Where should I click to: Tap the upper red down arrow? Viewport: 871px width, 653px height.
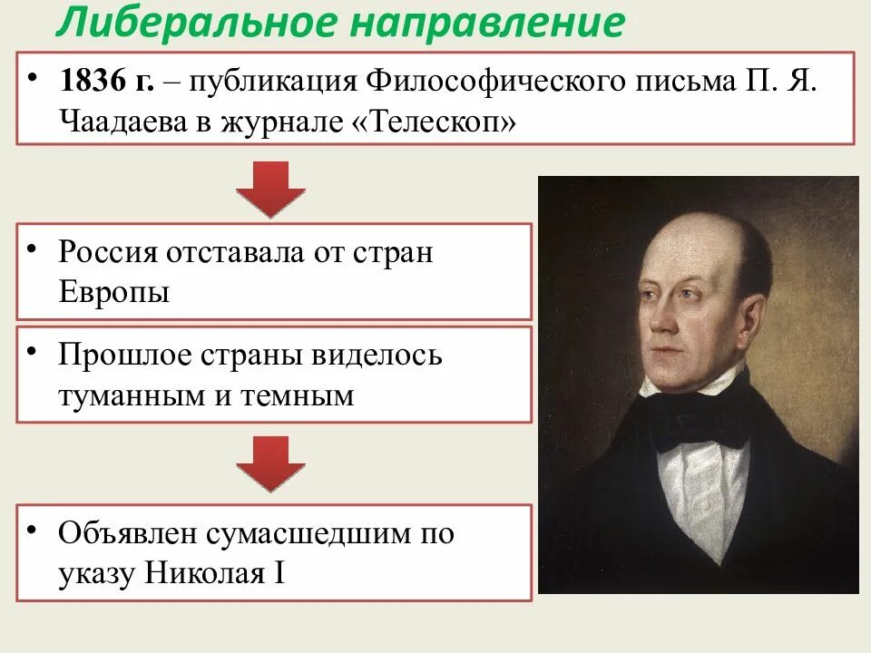tap(270, 189)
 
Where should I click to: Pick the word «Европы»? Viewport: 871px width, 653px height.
tap(113, 292)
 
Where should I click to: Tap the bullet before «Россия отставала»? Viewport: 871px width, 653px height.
tap(32, 248)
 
